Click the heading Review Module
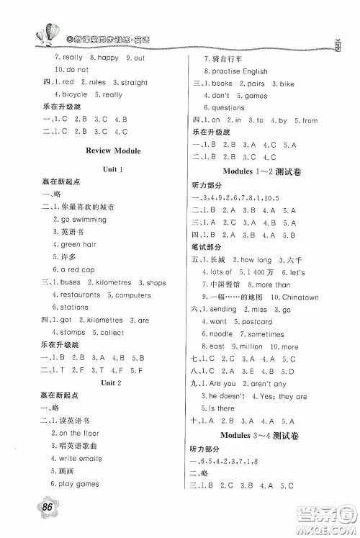pyautogui.click(x=112, y=151)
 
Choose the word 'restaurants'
pyautogui.click(x=76, y=295)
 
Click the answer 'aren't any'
pyautogui.click(x=275, y=384)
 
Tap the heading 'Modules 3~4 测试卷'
pyautogui.click(x=264, y=435)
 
